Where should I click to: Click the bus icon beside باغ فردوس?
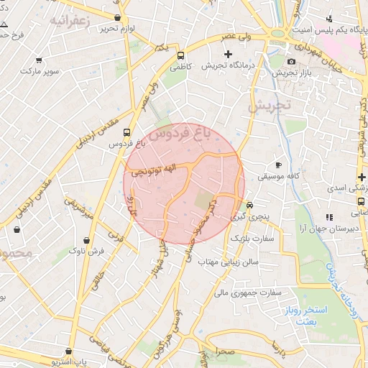point(126,132)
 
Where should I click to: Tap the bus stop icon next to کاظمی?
point(180,54)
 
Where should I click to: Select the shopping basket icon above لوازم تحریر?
point(117,17)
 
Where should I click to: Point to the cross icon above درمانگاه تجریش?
point(229,54)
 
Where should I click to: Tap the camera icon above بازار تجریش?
point(291,61)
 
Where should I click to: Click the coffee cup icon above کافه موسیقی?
point(279,164)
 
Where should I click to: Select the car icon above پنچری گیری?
point(249,203)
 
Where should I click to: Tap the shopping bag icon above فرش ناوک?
point(87,240)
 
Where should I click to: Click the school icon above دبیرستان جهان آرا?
point(328,217)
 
